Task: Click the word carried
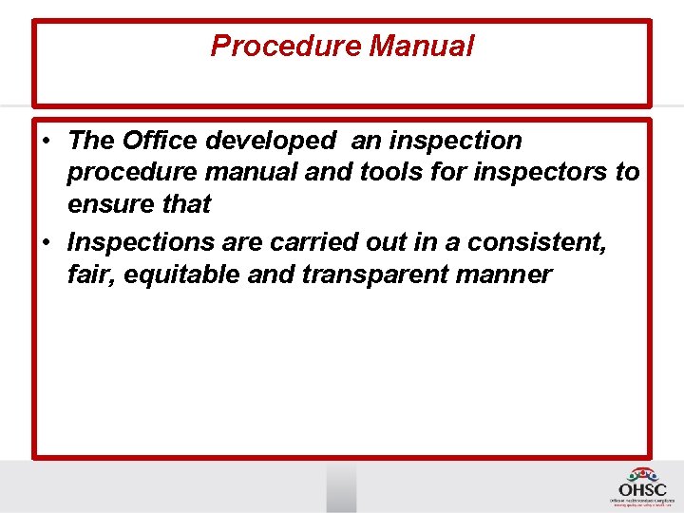[313, 242]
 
